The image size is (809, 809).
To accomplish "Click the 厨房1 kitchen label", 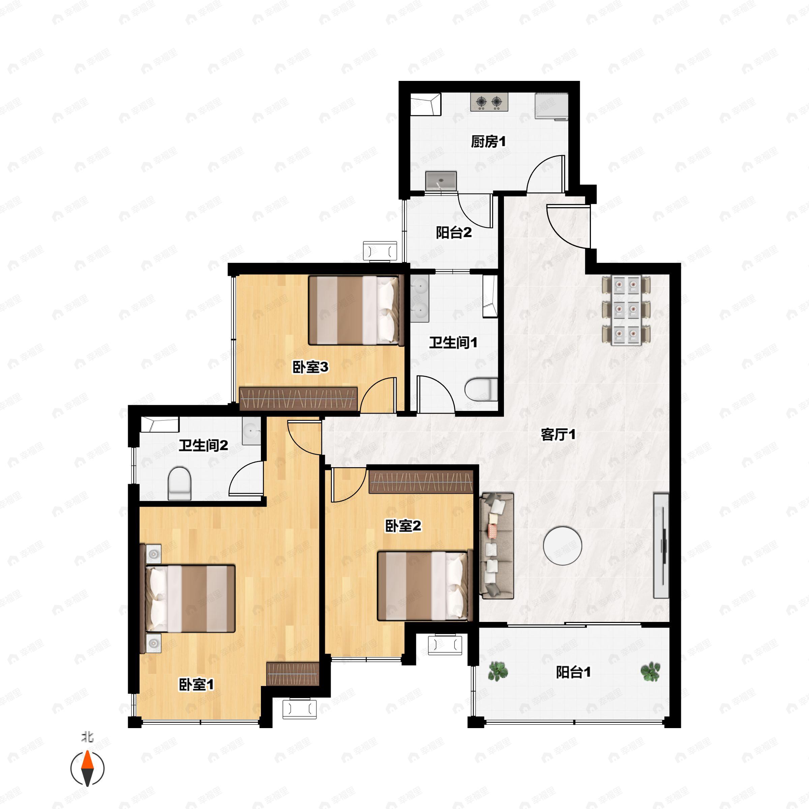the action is (x=488, y=142).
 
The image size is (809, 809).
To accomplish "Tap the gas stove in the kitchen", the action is (x=489, y=102).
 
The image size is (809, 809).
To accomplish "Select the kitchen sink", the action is (x=441, y=180).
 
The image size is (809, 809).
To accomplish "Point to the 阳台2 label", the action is (x=454, y=232).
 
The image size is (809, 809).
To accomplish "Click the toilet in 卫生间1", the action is (x=481, y=389).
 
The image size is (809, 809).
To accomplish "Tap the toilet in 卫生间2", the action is (x=179, y=484).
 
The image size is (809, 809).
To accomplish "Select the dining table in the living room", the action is (x=626, y=310).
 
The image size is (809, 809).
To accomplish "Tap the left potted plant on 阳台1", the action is (x=498, y=671).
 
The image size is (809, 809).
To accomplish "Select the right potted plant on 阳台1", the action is (x=650, y=671).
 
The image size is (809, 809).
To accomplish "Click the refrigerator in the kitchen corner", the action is (x=551, y=107).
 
